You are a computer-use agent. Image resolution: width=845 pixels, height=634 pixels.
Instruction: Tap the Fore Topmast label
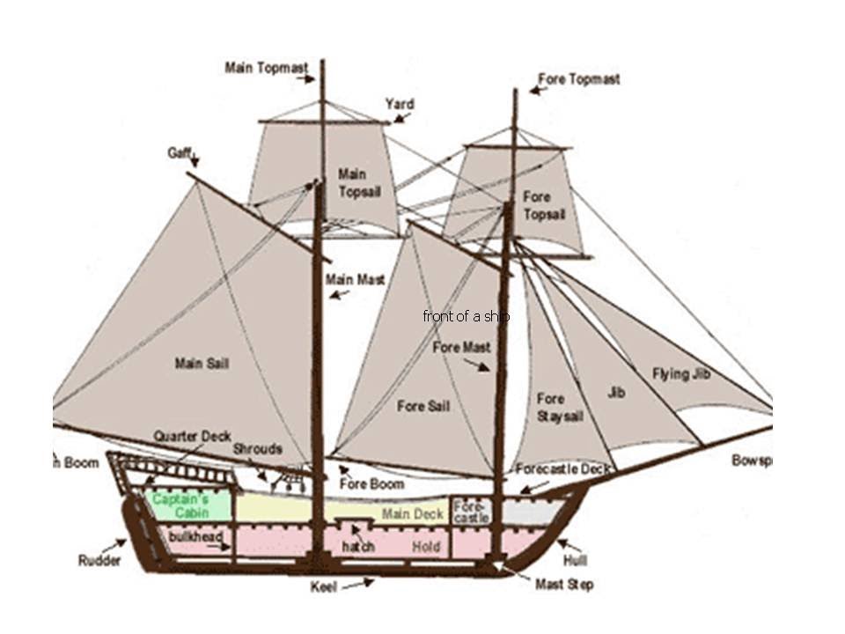[x=578, y=79]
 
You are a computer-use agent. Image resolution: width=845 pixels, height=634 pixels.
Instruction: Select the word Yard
[x=399, y=105]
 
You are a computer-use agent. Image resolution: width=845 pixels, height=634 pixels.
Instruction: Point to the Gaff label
[x=179, y=152]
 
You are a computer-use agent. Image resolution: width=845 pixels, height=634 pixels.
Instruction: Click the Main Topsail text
[x=359, y=182]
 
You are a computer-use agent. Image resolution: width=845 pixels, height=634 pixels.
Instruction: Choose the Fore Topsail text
[x=544, y=205]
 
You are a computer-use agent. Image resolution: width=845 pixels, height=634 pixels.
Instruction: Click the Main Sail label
[x=202, y=363]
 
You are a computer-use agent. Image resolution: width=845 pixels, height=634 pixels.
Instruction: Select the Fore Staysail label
[x=560, y=408]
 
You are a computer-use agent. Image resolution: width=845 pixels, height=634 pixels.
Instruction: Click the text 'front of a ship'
[x=466, y=316]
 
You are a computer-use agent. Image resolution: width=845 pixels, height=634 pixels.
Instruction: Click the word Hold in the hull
[x=425, y=547]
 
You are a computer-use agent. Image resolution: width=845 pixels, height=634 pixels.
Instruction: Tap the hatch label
[x=357, y=547]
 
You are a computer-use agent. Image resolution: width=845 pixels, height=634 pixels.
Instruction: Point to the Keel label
[x=323, y=586]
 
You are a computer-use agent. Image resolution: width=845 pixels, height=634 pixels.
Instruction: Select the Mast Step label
[x=563, y=585]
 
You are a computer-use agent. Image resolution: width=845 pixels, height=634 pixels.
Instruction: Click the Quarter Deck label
[x=192, y=436]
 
